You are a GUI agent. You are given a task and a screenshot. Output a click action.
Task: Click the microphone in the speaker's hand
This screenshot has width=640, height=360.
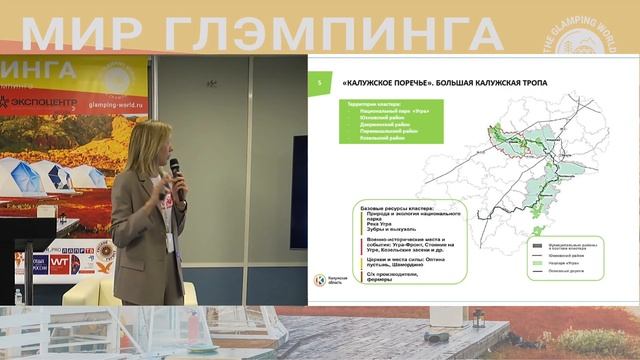(x=174, y=166)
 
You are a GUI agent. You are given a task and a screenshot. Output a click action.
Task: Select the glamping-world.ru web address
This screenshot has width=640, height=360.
(x=115, y=103)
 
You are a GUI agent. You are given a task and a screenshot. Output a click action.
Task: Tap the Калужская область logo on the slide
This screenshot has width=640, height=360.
(x=323, y=281)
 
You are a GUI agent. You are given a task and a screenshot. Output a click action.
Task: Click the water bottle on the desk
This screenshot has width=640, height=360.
(x=19, y=294)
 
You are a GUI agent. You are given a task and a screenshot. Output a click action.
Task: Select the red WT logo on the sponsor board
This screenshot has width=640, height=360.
(x=59, y=263)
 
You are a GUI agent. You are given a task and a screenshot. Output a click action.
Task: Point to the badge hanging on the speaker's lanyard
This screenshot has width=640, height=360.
(x=170, y=242)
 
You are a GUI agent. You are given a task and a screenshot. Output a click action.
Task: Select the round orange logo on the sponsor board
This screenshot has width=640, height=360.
(x=105, y=252)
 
